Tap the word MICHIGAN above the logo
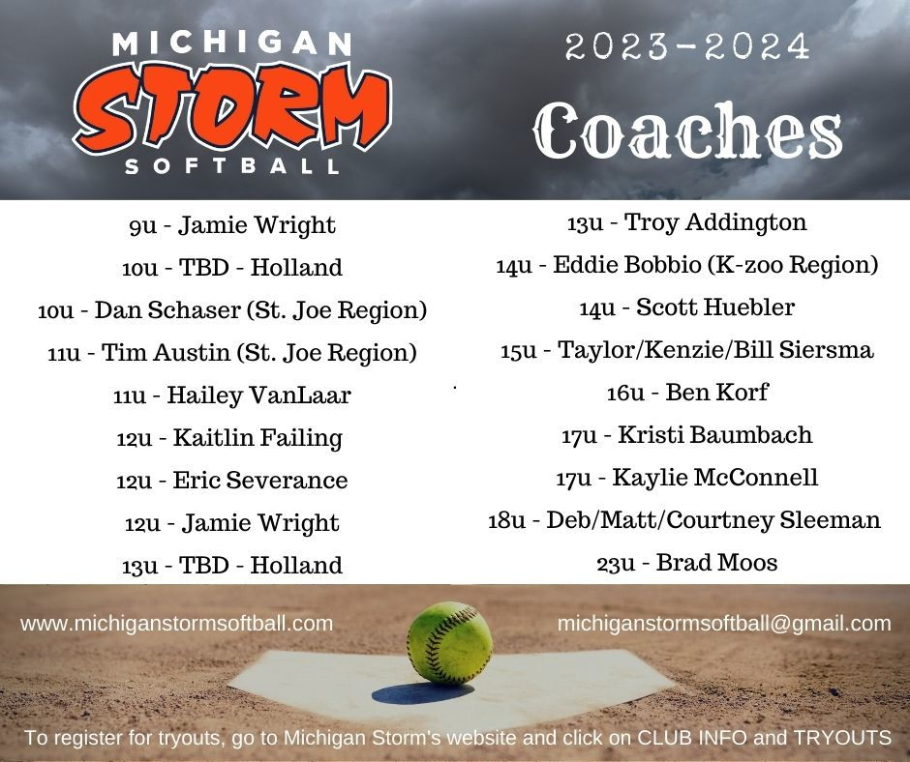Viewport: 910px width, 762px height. tap(231, 44)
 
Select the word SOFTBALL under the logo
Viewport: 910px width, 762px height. tap(232, 167)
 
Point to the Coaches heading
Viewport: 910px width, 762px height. tap(687, 132)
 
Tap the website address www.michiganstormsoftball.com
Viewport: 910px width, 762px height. tap(176, 624)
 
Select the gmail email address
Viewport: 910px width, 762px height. tap(724, 624)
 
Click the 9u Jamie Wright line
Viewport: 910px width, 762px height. tap(231, 226)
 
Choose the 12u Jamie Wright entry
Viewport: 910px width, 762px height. tap(231, 524)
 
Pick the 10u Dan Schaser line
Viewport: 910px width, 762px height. tap(232, 311)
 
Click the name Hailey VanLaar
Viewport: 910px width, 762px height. tap(258, 396)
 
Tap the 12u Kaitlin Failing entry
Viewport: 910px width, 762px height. tap(229, 438)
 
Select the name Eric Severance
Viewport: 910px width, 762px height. tap(259, 481)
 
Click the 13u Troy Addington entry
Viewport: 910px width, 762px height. tap(686, 223)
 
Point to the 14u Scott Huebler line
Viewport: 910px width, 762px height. tap(686, 308)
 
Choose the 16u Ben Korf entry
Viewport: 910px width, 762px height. tap(686, 393)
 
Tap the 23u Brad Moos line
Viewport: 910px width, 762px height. tap(686, 563)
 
